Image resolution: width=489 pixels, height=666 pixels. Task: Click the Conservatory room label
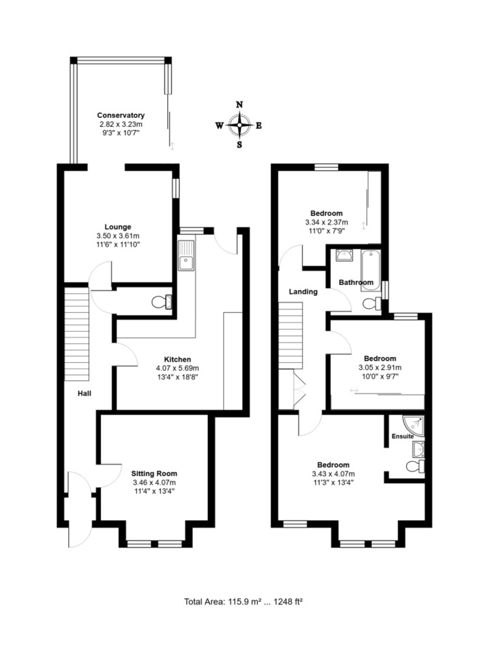click(121, 115)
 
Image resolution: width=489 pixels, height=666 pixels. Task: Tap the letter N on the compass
click(239, 105)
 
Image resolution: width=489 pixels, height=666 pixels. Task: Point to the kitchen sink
click(186, 255)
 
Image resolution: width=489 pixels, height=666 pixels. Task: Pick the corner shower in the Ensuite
click(413, 426)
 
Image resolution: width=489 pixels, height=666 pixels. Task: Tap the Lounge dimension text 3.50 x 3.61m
click(118, 236)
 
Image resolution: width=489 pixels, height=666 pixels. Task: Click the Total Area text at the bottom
click(243, 602)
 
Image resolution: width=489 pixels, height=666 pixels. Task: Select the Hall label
click(84, 393)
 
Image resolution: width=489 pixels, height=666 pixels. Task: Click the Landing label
click(303, 292)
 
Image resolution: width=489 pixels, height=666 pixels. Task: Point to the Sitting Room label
click(154, 473)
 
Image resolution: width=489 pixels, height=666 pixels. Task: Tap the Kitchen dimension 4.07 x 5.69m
click(177, 369)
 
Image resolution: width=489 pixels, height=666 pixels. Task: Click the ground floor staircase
click(77, 334)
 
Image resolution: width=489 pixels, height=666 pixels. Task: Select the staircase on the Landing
click(291, 335)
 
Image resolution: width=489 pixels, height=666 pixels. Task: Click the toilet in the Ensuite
click(416, 466)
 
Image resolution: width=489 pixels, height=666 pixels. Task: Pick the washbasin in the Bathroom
click(345, 255)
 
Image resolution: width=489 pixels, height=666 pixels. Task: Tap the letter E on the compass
click(258, 126)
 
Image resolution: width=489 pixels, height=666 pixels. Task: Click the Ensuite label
click(402, 436)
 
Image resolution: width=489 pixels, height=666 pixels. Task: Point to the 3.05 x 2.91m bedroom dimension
click(380, 367)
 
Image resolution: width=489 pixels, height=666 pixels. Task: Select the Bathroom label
click(356, 282)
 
